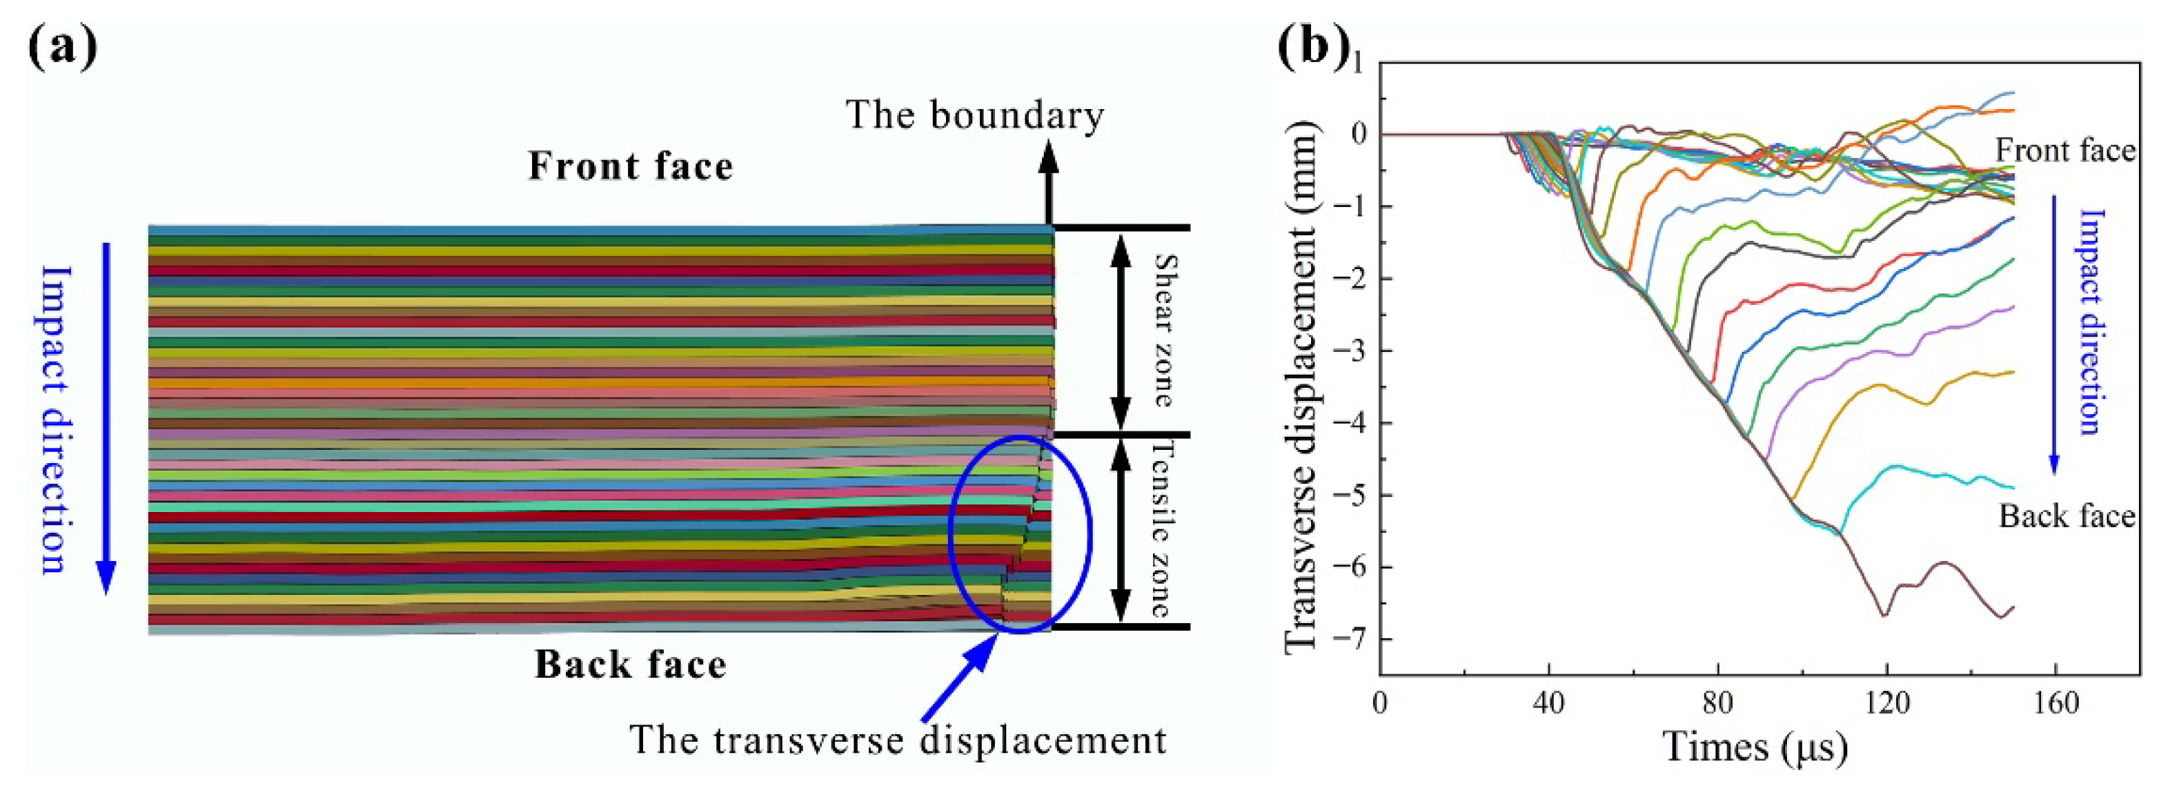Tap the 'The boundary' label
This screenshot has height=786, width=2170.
coord(975,115)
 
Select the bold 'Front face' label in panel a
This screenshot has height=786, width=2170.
coord(630,166)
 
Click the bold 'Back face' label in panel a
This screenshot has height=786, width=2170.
coord(630,665)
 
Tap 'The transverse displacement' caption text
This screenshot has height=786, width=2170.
coord(898,740)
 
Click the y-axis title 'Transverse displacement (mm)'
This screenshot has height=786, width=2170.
coord(1300,388)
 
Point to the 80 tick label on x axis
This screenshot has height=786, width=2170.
coord(1717,702)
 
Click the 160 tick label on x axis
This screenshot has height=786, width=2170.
coord(2056,702)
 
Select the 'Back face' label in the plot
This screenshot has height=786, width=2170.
coord(2067,515)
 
